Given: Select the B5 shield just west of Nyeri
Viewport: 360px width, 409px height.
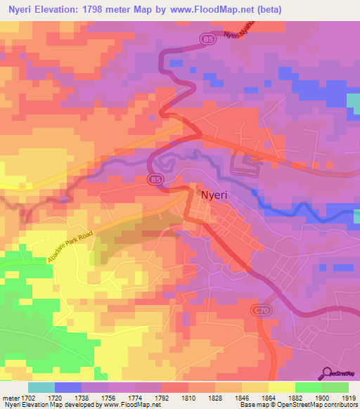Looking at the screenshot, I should point(155,180).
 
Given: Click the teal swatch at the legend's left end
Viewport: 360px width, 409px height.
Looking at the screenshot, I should point(41,387).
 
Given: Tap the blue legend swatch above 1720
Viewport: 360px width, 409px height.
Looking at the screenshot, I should point(67,387).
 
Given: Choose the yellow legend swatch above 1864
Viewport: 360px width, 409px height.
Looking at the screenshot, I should point(281,387).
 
